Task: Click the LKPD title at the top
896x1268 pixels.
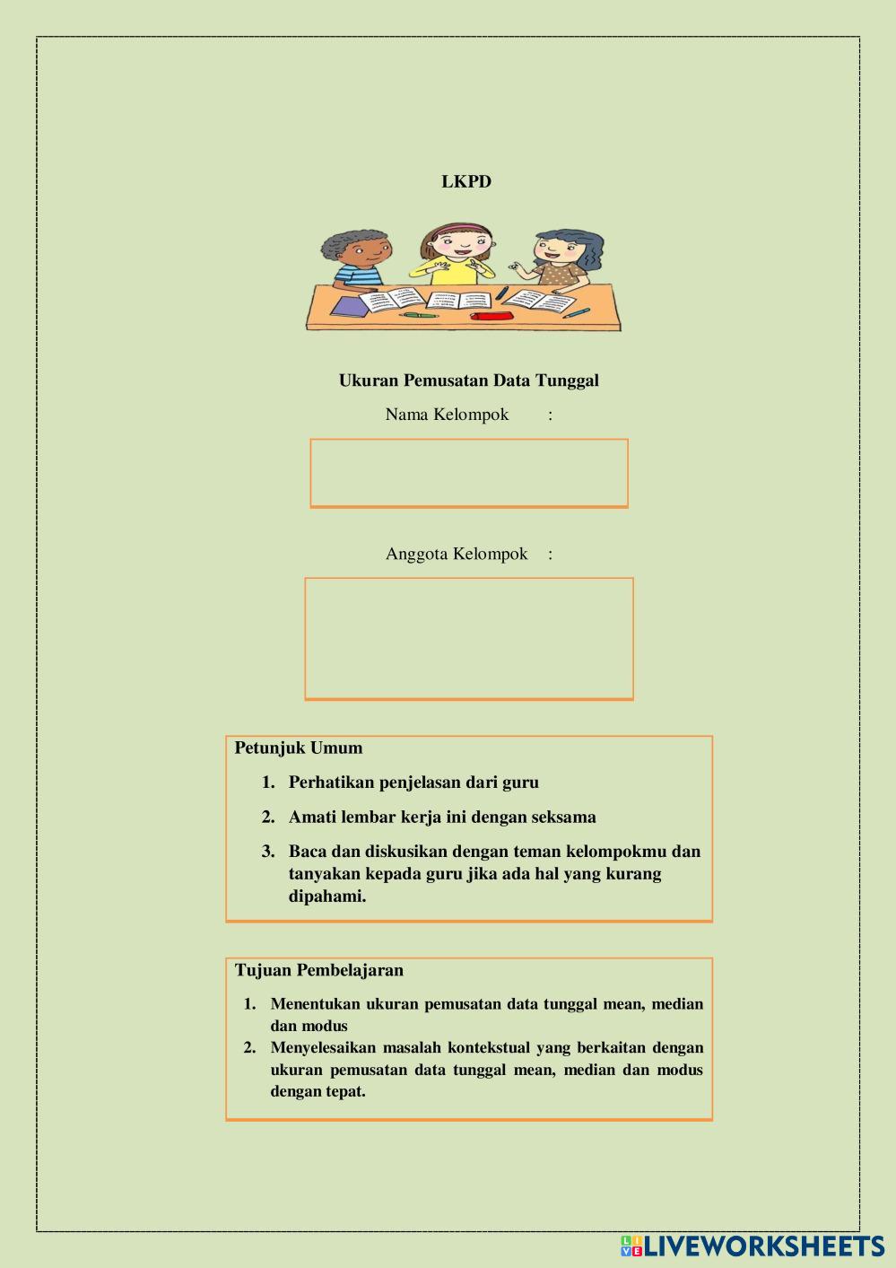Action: (x=466, y=181)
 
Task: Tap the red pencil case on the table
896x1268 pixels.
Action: (x=490, y=316)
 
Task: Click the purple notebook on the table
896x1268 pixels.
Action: (x=349, y=307)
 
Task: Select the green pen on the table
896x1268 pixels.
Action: (x=418, y=315)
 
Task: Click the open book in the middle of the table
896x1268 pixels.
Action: (x=458, y=300)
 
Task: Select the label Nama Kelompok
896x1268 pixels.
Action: (x=447, y=415)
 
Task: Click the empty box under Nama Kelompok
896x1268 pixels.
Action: (x=468, y=473)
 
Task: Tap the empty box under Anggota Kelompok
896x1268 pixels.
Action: (x=468, y=638)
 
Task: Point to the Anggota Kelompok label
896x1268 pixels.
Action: (x=457, y=554)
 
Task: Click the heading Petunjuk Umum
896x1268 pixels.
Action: (x=299, y=748)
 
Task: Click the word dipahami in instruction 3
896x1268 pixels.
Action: (x=327, y=896)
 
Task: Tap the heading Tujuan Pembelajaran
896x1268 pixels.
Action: (x=319, y=970)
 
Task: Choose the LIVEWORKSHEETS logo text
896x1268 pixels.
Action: (x=763, y=1246)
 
